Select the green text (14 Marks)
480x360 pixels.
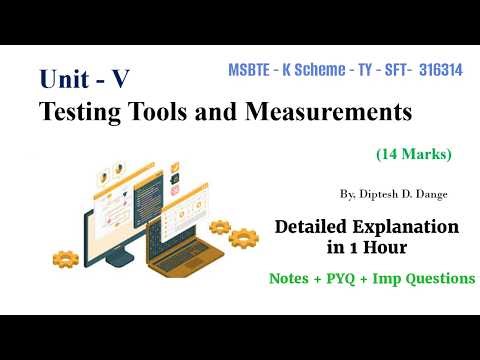(x=414, y=154)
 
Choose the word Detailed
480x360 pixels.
(x=317, y=228)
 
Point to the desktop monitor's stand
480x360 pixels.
(x=118, y=262)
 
